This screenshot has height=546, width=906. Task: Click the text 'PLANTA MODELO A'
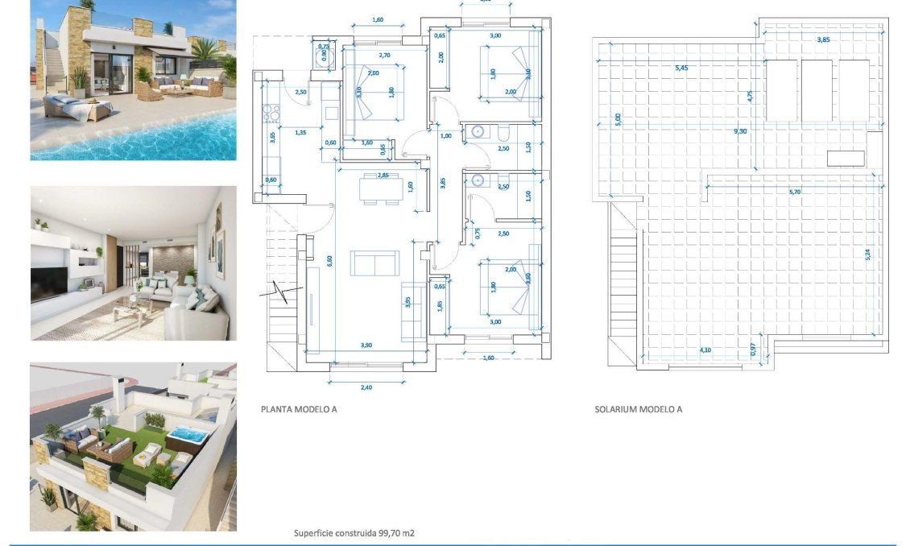299,409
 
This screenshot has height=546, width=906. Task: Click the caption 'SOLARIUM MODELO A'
638,409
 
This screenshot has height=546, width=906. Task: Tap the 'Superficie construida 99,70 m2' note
354,533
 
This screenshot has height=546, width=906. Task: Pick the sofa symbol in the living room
374,263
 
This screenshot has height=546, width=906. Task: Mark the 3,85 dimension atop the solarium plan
823,39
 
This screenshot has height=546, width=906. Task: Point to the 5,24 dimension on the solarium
867,254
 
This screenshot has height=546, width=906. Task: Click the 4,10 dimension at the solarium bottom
705,350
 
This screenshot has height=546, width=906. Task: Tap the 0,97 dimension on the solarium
753,350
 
